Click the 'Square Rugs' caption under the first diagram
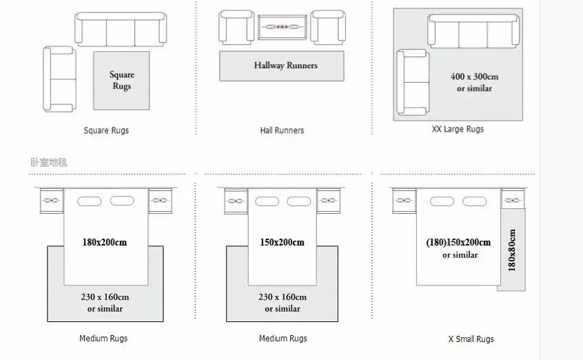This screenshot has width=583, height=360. click(106, 130)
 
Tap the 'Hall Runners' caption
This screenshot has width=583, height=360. click(282, 130)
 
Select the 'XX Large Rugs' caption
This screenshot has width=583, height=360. click(458, 129)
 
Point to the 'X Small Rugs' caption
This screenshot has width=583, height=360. click(471, 339)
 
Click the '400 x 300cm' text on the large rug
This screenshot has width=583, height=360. click(474, 77)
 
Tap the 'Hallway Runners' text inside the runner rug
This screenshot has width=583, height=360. click(286, 66)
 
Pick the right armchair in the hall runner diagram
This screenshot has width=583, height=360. click(327, 28)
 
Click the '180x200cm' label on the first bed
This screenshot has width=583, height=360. click(105, 242)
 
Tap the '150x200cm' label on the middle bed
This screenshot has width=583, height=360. click(283, 242)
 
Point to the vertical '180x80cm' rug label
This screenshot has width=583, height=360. click(511, 250)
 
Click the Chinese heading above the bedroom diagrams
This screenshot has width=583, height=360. click(49, 163)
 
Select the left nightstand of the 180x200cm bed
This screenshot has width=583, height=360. click(51, 200)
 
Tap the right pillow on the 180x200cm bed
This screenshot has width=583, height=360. click(122, 201)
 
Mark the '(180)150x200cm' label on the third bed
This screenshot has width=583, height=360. click(458, 242)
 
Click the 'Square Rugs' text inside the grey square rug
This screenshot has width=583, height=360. click(122, 80)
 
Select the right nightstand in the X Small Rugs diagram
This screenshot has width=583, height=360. click(512, 200)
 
